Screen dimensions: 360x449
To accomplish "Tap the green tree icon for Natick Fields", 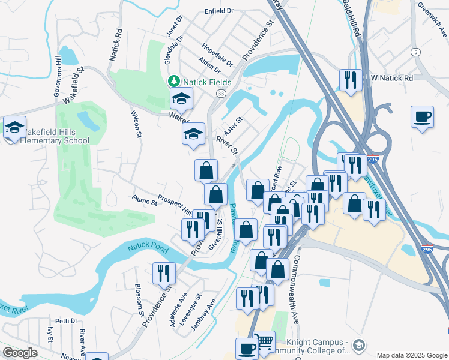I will (x=174, y=80).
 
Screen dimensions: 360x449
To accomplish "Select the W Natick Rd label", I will (x=391, y=78).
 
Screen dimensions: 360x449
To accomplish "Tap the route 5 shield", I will (x=415, y=52).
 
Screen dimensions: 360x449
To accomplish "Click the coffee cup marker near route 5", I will (x=422, y=116).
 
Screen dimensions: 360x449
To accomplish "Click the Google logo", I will (x=20, y=353).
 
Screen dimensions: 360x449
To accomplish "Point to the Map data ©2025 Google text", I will (x=411, y=355).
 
